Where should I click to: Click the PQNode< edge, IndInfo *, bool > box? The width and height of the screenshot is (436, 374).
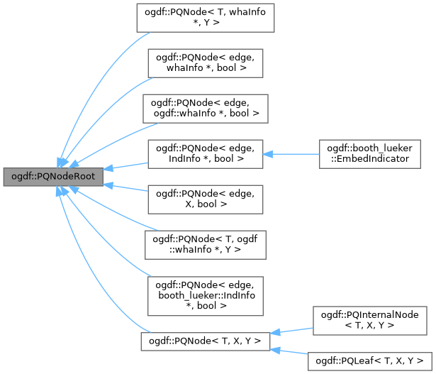point(206,153)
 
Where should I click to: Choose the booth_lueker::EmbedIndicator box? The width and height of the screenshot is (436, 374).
point(370,153)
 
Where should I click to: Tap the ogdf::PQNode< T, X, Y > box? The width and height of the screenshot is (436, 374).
point(206,341)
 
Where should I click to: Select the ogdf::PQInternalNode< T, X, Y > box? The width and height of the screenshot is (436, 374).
point(370,319)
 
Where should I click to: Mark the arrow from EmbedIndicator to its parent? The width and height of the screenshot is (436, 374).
point(291,153)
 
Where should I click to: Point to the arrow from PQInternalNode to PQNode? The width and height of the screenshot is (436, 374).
point(291,331)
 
